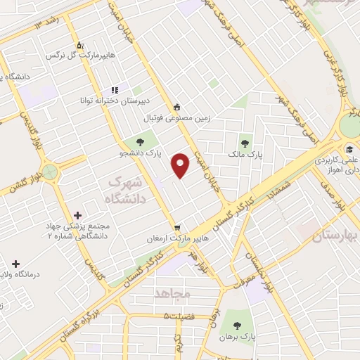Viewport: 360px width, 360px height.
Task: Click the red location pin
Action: [181, 165]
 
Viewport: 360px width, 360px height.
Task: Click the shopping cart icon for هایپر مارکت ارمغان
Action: [178, 228]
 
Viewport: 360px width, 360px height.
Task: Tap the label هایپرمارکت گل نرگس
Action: [77, 54]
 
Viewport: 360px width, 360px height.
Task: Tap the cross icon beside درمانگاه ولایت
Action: [15, 264]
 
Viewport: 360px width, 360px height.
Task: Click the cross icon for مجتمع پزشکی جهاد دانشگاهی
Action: [77, 214]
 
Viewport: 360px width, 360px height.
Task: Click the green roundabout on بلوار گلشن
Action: [49, 170]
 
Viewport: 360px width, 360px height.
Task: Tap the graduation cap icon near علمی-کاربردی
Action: [349, 148]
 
